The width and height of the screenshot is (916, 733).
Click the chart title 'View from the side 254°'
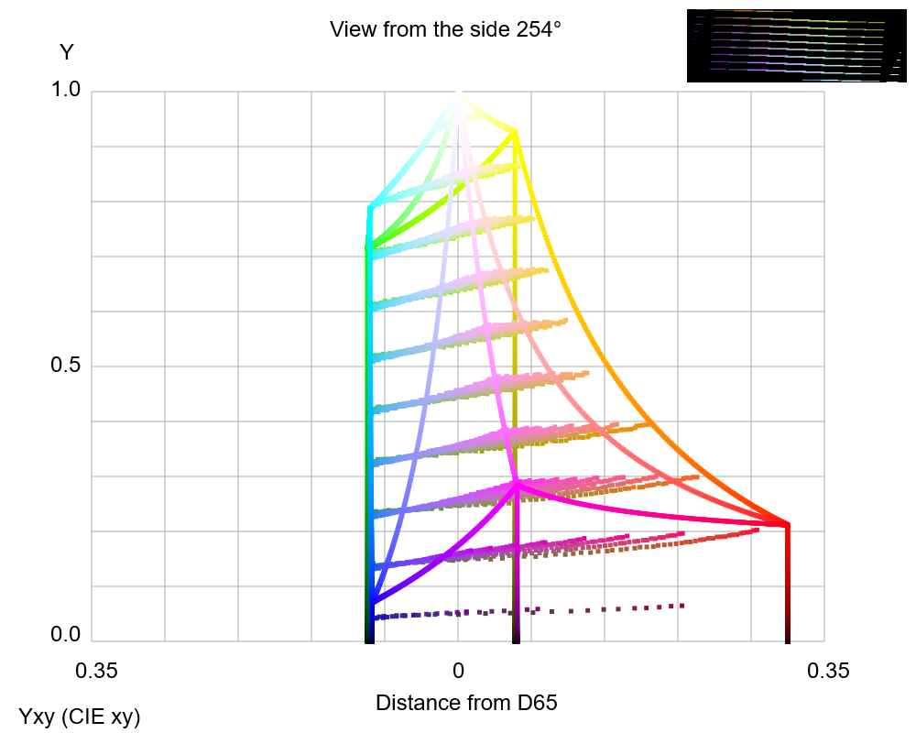445,29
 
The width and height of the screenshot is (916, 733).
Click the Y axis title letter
67,53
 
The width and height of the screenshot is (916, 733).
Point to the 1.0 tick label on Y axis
67,90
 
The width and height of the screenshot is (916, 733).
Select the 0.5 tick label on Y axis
67,366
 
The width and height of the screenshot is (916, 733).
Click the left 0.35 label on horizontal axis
97,672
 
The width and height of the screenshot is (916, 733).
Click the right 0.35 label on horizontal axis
828,672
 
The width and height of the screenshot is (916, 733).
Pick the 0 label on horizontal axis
459,672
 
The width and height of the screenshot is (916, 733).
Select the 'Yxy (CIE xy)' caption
80,717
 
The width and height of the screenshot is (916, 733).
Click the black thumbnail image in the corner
795,46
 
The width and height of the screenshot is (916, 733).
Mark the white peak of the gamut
459,94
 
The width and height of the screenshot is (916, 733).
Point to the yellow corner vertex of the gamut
515,132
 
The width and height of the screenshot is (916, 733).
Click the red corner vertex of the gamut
787,525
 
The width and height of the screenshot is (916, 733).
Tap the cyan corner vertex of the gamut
371,206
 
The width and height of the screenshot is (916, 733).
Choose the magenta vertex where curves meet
517,483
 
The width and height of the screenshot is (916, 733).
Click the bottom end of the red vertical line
787,640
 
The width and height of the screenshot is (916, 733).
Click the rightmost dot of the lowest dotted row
682,605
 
